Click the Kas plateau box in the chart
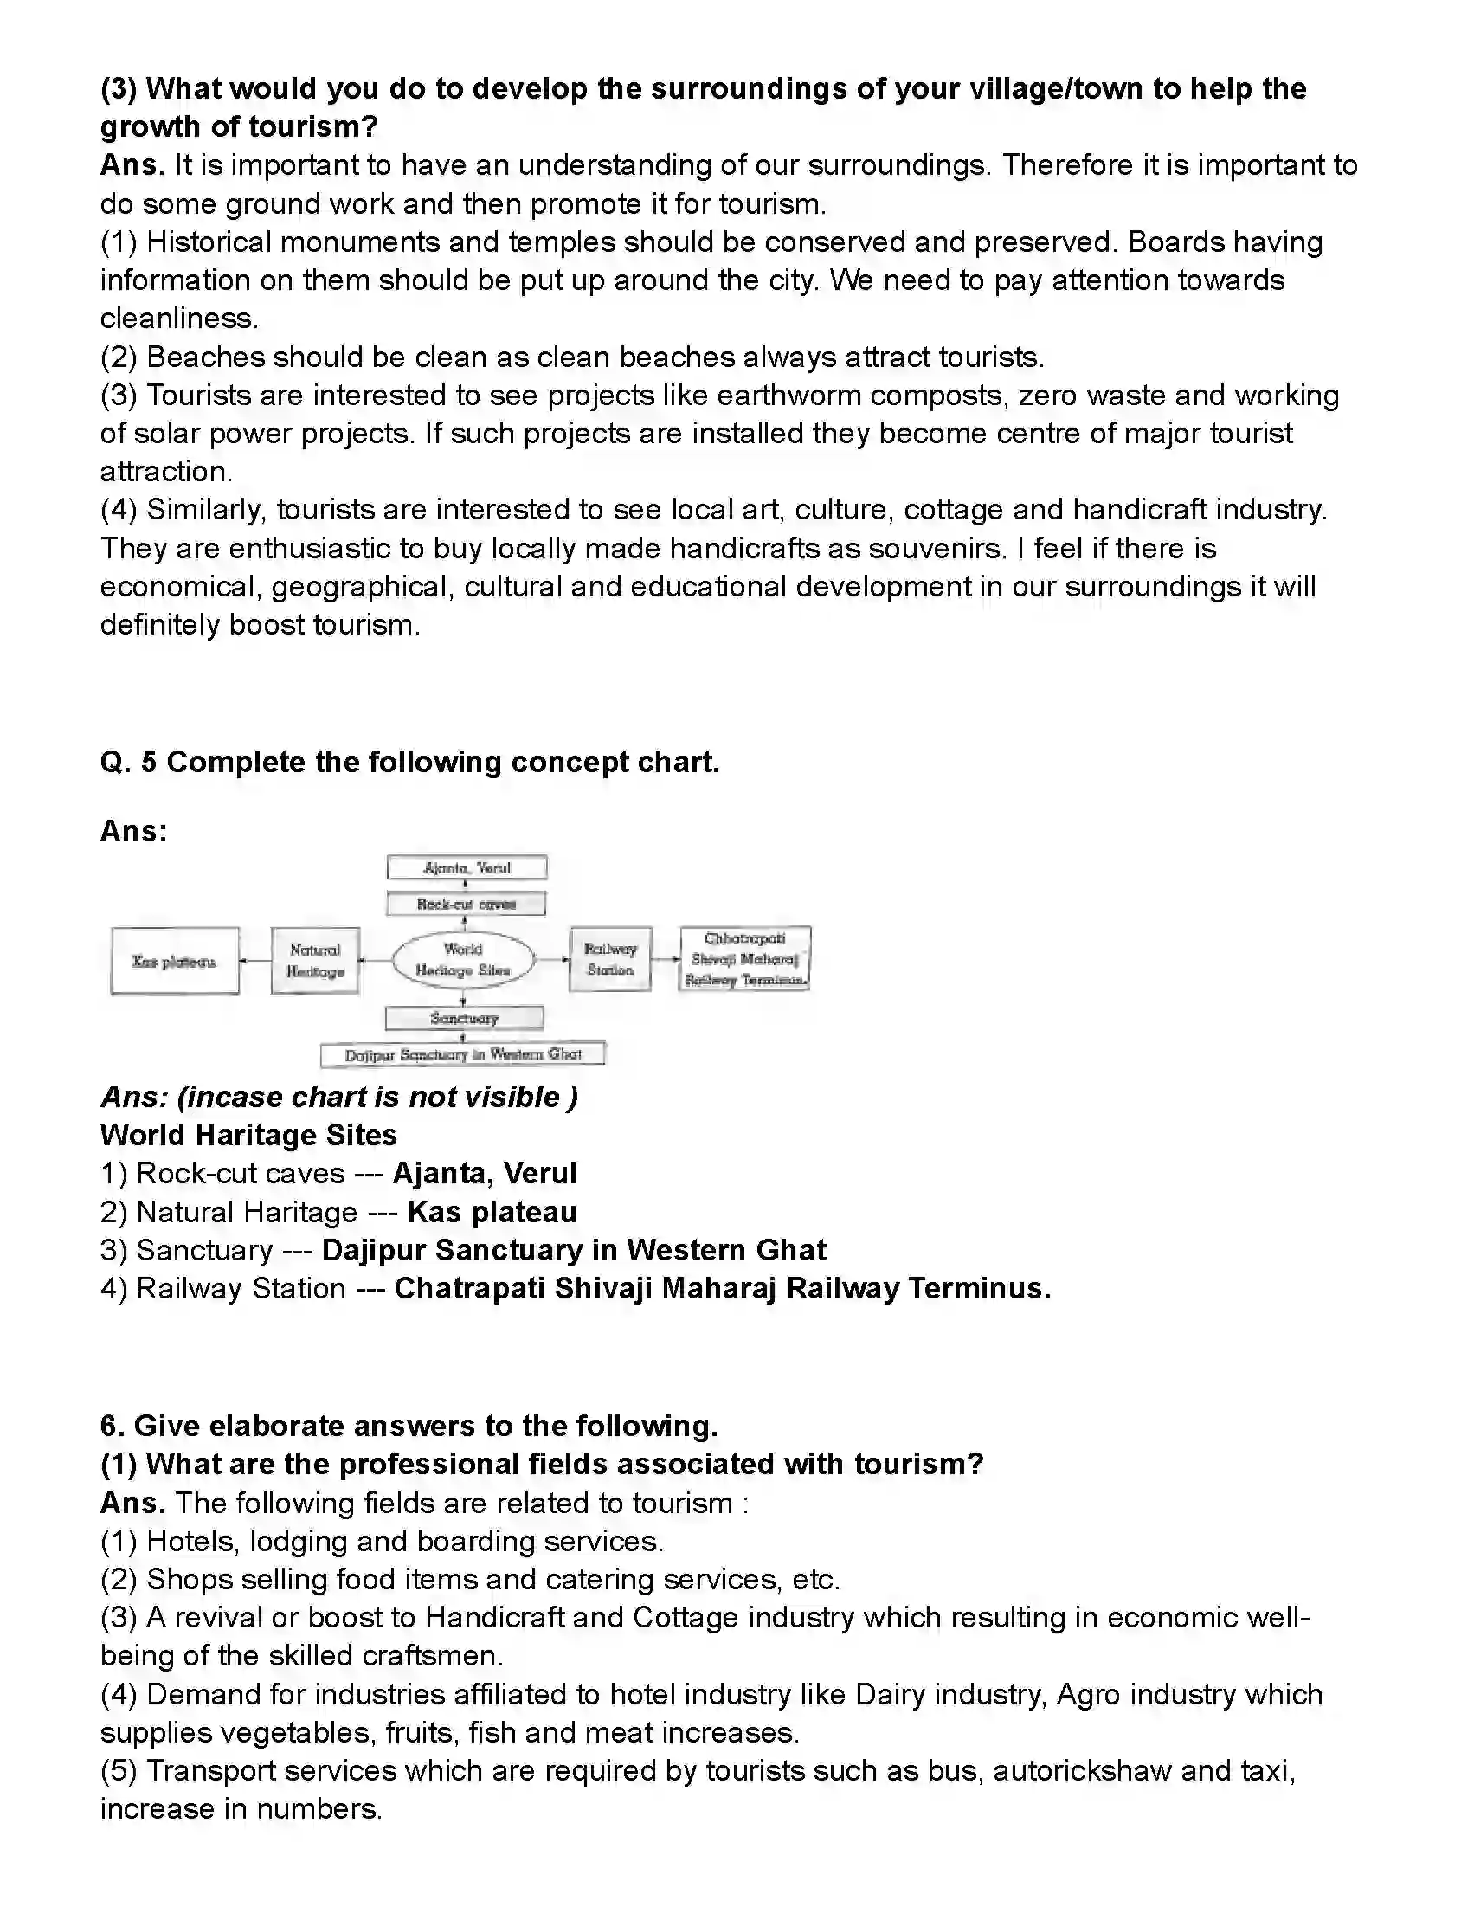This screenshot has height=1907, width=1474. click(x=175, y=961)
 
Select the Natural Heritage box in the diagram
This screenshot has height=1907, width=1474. click(x=315, y=961)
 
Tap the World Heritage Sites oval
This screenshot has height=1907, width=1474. click(x=463, y=960)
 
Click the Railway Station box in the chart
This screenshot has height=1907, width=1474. click(x=610, y=959)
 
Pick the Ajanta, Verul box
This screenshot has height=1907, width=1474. click(x=467, y=867)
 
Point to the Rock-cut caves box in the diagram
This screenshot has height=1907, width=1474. click(x=467, y=904)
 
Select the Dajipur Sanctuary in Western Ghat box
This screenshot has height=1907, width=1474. click(x=463, y=1055)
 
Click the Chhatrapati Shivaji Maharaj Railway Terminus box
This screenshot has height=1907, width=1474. click(x=745, y=959)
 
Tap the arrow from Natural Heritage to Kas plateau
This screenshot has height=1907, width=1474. click(x=255, y=961)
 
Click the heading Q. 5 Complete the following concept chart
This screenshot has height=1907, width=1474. click(x=409, y=763)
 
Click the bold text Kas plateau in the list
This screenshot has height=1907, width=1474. click(x=492, y=1212)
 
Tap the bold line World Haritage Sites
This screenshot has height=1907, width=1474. click(x=249, y=1135)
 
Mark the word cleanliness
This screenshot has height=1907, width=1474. click(x=179, y=319)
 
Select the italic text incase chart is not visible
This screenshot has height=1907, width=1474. click(x=377, y=1097)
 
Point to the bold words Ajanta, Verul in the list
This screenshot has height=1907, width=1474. click(x=485, y=1174)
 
